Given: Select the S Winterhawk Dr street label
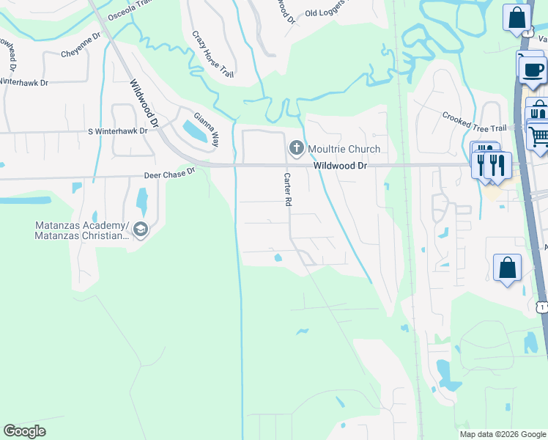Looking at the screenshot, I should (x=117, y=131).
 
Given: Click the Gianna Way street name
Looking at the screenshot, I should (x=206, y=129).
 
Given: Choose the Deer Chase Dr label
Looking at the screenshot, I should (x=169, y=172).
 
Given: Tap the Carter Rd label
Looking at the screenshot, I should (x=288, y=189).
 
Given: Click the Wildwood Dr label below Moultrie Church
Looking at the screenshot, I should (x=340, y=166).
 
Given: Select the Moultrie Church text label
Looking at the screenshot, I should (x=343, y=150).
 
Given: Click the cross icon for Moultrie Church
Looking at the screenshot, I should (x=297, y=150).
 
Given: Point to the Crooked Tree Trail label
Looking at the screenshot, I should (x=473, y=122).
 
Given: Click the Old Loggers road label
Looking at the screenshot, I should (x=331, y=12).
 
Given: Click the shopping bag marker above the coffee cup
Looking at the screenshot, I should (x=516, y=18).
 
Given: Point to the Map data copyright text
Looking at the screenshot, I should (x=503, y=434).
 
